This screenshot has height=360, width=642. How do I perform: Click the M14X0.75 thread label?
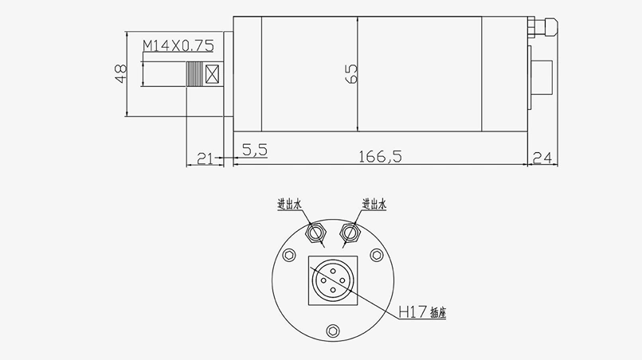pos(178,46)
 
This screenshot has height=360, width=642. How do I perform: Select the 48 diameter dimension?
pos(120,74)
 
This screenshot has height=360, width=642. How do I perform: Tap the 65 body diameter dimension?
pos(351,74)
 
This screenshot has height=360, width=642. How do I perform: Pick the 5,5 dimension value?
pos(255,149)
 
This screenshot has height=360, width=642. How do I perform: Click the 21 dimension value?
pos(205,158)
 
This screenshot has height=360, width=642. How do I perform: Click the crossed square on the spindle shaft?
pos(212,75)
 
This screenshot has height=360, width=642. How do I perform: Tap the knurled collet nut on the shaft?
pos(194,75)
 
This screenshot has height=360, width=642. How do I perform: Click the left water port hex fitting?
pos(315,232)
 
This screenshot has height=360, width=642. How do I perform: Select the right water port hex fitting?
pos(350,232)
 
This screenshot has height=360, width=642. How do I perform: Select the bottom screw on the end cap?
pos(333,329)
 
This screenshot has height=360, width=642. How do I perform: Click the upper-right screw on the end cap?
pos(376,255)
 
